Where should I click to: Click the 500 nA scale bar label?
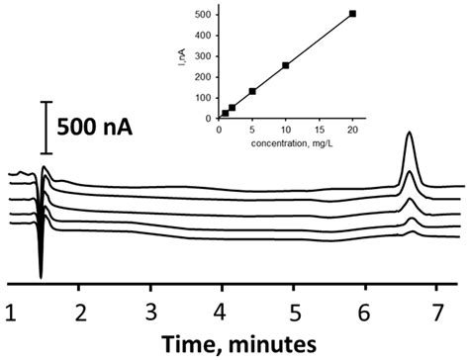[x=96, y=128]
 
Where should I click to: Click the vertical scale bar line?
[x=45, y=127]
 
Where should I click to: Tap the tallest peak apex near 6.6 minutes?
[x=410, y=134]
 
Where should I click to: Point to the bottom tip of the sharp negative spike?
[x=41, y=277]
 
